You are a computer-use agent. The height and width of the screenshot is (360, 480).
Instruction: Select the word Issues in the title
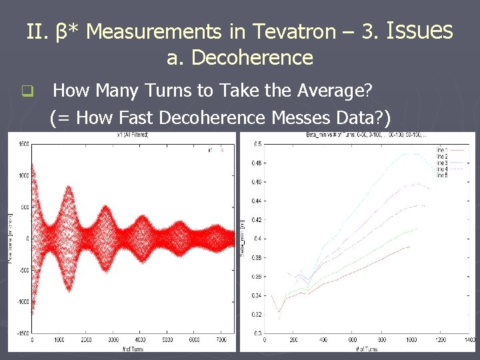click(420, 30)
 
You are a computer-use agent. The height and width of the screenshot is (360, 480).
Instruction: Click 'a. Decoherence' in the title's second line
click(239, 58)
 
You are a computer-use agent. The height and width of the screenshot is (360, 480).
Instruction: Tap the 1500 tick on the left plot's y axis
click(23, 144)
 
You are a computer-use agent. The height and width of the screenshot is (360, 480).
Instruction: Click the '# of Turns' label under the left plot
click(133, 348)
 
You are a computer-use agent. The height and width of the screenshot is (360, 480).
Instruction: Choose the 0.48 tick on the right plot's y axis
click(257, 163)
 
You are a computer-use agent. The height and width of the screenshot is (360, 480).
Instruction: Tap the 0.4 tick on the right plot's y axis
click(258, 238)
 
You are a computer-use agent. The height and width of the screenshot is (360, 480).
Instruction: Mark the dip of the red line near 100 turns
click(279, 311)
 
